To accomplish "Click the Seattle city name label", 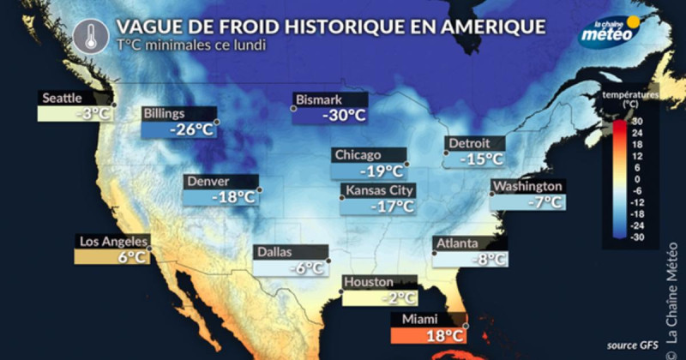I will click(61, 99).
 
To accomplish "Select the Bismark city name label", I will click(318, 99).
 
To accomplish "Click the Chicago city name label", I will click(358, 155).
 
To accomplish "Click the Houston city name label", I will click(369, 282).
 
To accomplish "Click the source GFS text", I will click(629, 344).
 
